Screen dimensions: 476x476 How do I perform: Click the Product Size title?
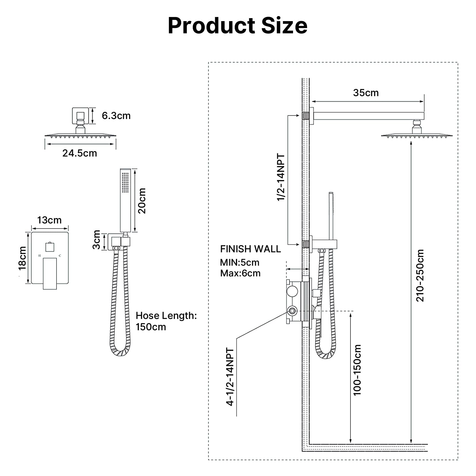[237, 26]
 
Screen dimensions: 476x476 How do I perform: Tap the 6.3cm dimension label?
[116, 116]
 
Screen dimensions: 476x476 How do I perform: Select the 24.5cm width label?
[79, 153]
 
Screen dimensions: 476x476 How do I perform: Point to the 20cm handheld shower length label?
[142, 201]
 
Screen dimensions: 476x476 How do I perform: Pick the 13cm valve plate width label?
[49, 220]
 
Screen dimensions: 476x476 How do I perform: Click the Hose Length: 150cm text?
[166, 321]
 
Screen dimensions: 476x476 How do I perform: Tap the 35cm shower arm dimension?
[366, 93]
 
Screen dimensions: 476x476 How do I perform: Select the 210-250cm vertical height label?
[419, 275]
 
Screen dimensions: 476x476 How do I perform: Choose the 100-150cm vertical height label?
[357, 370]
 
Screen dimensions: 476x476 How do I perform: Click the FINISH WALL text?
[250, 249]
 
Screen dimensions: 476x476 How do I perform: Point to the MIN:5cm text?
[239, 262]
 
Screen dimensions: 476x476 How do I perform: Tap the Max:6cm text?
[240, 273]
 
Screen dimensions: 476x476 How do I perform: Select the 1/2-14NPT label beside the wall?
[281, 177]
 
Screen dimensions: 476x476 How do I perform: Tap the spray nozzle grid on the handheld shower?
[125, 182]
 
